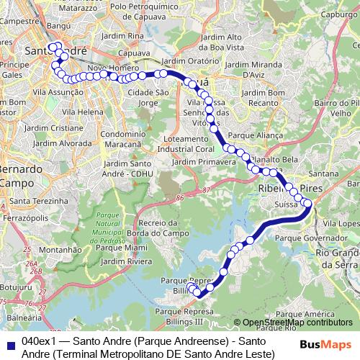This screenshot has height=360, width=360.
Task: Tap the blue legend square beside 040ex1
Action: (9, 342)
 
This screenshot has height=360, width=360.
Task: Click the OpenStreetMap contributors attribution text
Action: (296, 323)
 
